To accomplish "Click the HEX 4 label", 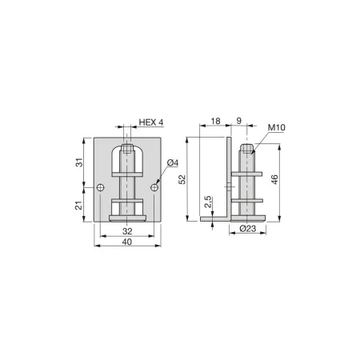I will [151, 122].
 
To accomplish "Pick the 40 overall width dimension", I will [127, 241].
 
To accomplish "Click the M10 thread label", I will [277, 127].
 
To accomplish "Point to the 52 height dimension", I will [183, 181].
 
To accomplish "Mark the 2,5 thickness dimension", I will [208, 201].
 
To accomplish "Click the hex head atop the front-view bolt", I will [127, 148].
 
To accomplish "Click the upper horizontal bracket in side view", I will [248, 172].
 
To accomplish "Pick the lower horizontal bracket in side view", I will [248, 199].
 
